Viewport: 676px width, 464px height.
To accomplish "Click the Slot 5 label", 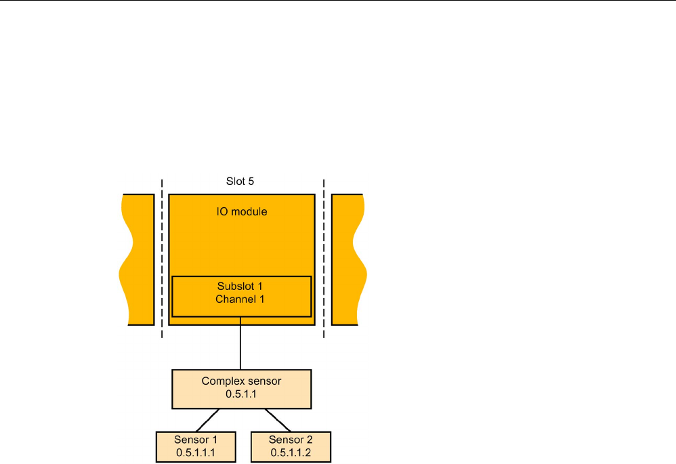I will (241, 182).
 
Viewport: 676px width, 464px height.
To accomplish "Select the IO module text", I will (242, 212).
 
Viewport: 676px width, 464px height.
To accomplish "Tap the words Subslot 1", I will (241, 287).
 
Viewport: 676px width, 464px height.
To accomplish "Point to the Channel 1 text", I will (241, 299).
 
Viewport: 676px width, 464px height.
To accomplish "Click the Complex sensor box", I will (241, 389).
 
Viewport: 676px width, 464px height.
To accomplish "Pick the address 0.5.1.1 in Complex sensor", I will (241, 394).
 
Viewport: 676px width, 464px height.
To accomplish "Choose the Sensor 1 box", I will (196, 446).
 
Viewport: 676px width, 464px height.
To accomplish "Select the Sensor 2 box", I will (291, 446).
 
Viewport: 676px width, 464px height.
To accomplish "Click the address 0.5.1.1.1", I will (196, 452).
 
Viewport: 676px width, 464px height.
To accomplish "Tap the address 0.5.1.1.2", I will (291, 452).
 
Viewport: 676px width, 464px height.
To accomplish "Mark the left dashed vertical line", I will (162, 257).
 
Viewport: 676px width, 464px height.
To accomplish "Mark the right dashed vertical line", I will (324, 257).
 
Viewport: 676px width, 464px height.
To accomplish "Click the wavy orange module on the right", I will (348, 259).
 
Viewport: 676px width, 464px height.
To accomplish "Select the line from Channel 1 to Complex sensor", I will (241, 347).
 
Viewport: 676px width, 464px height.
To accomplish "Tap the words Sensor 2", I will (291, 440).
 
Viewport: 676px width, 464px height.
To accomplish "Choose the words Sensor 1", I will (196, 440).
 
